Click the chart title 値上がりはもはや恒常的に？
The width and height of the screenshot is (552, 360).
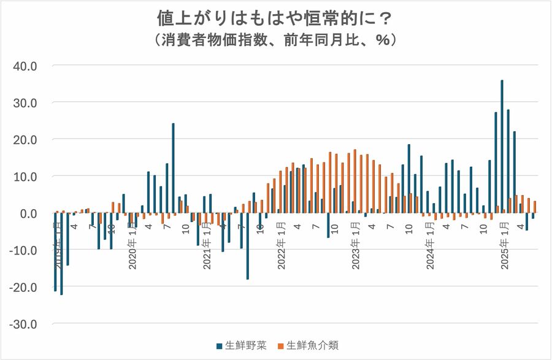(x=275, y=17)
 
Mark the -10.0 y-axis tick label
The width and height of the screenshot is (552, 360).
(x=24, y=250)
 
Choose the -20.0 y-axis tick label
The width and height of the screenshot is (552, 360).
(x=24, y=287)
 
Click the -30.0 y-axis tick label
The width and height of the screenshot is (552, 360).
(x=24, y=324)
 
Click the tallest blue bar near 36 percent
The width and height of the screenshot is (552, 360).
(x=502, y=147)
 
